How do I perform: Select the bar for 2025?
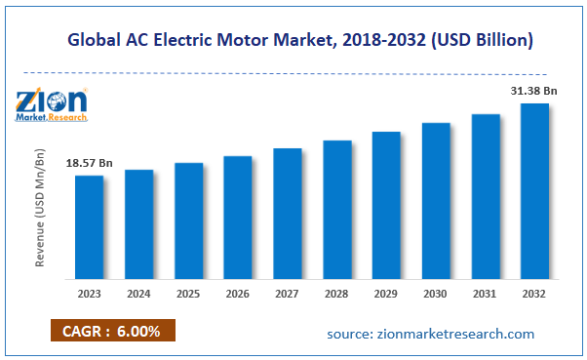click(x=188, y=220)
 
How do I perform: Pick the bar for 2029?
click(x=386, y=204)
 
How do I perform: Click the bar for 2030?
click(x=435, y=200)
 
